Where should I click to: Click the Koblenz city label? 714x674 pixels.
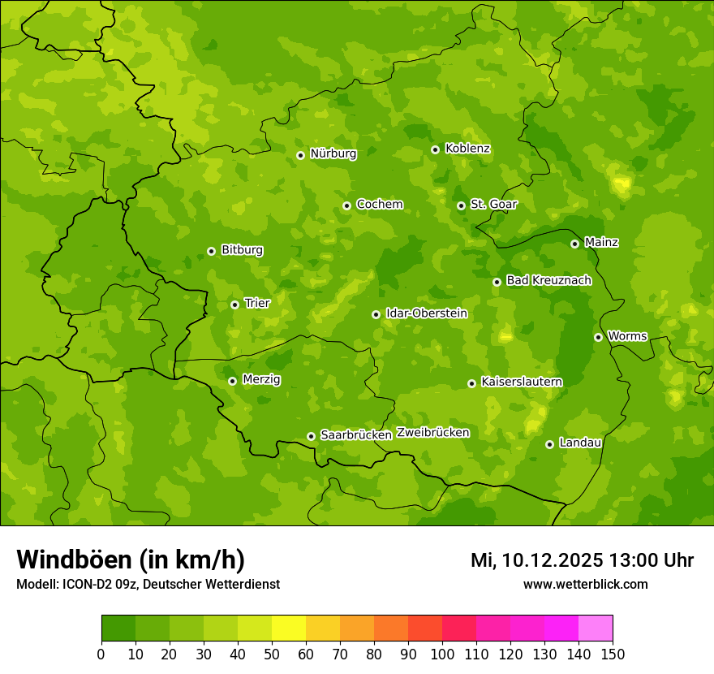(467, 149)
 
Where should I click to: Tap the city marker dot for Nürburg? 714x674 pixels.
(300, 155)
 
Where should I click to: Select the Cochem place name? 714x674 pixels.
(379, 204)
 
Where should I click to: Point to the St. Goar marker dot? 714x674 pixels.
(461, 205)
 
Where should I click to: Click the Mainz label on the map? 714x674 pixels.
(601, 242)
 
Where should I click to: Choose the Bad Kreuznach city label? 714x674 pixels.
(548, 280)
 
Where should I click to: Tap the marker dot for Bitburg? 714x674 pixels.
(211, 251)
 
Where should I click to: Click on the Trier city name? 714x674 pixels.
(256, 303)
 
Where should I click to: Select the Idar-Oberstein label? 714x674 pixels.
(426, 313)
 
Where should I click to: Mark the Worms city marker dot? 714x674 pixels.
(598, 337)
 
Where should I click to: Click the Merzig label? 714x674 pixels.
(261, 379)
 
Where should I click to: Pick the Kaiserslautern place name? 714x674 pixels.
(521, 382)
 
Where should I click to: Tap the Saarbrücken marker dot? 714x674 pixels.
(311, 436)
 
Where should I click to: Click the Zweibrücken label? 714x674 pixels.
(432, 433)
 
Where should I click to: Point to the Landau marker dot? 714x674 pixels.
(549, 444)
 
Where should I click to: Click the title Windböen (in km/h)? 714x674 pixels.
(131, 560)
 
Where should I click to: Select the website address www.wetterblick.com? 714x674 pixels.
(585, 584)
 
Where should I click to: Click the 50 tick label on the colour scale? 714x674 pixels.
(271, 654)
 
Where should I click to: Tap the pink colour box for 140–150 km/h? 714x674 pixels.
(596, 629)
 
